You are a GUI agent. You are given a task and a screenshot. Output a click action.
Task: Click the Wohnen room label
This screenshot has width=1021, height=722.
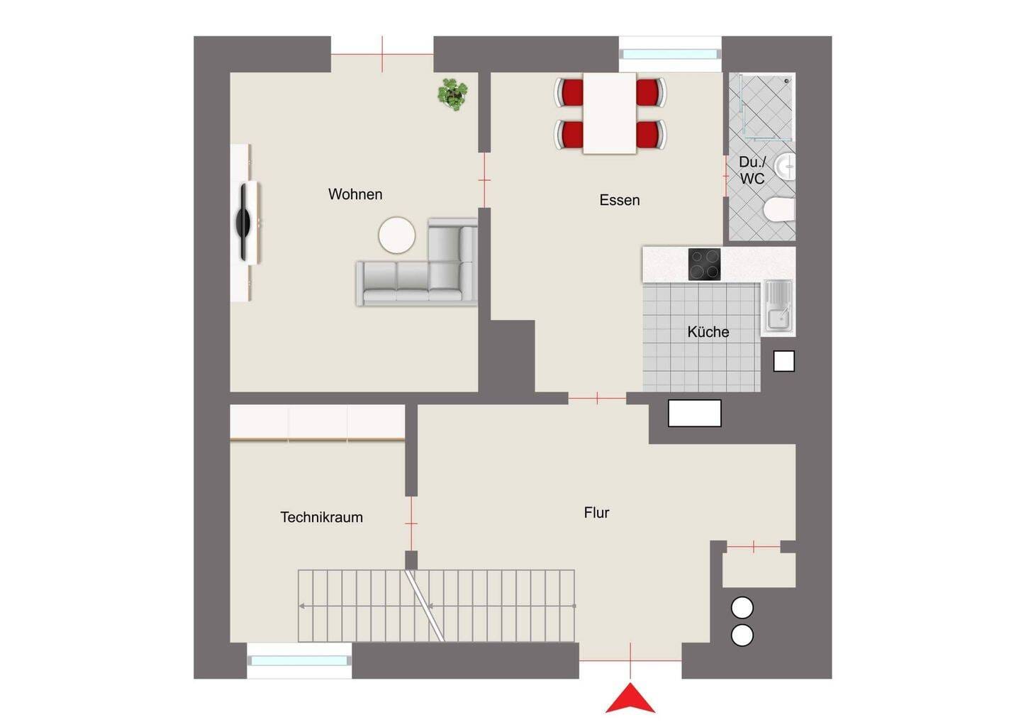355,194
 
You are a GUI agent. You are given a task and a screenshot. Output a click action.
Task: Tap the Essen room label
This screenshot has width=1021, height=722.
620,199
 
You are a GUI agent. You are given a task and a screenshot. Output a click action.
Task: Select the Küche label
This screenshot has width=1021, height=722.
708,332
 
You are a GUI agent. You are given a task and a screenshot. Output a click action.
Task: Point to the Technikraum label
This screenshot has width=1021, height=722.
321,517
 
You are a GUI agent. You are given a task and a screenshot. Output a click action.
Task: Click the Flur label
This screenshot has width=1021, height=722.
596,512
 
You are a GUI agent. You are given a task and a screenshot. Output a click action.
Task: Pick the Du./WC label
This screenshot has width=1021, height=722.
752,170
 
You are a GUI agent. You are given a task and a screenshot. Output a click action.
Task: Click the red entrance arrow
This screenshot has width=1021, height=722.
630,698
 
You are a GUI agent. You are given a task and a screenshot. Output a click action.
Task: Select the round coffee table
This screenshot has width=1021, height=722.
396,235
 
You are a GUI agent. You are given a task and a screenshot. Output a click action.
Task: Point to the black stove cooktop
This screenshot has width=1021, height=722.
704,264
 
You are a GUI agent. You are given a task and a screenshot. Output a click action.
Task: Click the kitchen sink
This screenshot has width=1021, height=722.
778,308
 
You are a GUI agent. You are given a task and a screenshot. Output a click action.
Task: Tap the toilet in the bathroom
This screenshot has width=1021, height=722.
779,209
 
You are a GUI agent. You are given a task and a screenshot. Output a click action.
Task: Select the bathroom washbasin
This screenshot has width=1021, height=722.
785,167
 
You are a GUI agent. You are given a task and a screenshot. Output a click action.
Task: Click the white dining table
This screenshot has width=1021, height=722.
610,113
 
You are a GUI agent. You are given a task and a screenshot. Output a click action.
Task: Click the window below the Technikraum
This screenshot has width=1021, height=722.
299,660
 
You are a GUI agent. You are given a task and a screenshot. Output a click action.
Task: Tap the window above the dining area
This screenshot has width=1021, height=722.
669,54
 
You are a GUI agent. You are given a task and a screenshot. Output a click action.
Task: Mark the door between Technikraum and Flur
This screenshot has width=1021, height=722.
411,523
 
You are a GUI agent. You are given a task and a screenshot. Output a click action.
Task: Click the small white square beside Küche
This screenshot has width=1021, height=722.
783,361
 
